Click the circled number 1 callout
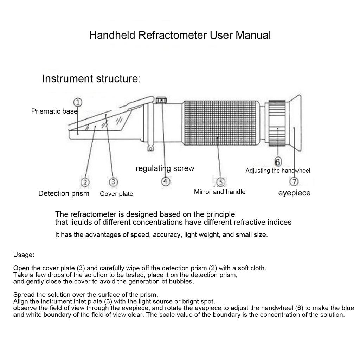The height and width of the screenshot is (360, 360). pos(78,102)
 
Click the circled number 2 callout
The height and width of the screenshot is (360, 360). pos(85,182)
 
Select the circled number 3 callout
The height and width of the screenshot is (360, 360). pos(113,182)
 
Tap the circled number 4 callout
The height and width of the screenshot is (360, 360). pos(166,182)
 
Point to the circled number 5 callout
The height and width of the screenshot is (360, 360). pos(220,182)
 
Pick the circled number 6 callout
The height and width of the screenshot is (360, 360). pos(278,162)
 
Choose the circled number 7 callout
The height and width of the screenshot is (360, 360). pos(294,182)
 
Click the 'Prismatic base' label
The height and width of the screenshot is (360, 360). pos(54,111)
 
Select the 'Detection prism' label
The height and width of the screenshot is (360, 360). pos(64,193)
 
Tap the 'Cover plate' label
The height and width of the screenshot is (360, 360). pos(116,194)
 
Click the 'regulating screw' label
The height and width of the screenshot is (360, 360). pos(165,168)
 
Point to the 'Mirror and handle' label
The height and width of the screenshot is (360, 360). pos(220,192)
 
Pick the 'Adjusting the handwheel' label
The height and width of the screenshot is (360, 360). pos(278,171)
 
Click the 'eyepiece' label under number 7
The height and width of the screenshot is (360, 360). pos(294,193)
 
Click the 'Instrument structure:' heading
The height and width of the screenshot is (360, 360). pos(91,79)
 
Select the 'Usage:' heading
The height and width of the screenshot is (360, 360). pos(24,255)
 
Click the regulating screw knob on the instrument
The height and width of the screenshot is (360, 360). pos(161,100)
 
